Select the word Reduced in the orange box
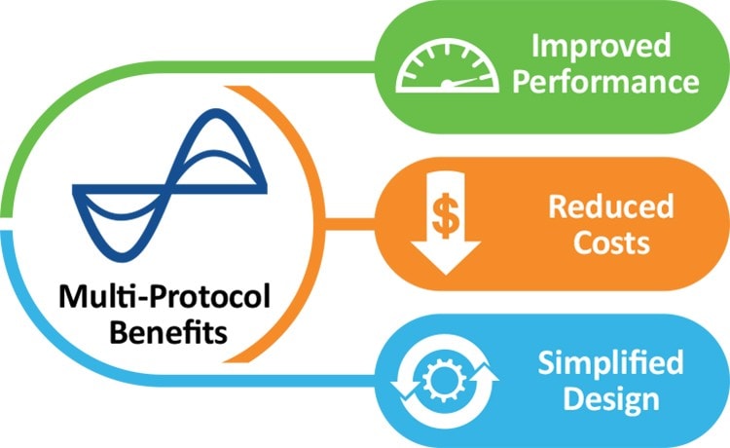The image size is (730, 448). pos(610,205)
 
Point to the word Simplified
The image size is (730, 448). pos(610,363)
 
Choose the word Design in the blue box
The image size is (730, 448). pos(610,398)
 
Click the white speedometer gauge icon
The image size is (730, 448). pos(442,65)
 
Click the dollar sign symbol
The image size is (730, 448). pos(444,219)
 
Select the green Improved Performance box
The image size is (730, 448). pos(545,64)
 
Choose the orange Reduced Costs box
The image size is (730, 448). pos(545,223)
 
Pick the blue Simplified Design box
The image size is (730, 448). pos(545,381)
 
